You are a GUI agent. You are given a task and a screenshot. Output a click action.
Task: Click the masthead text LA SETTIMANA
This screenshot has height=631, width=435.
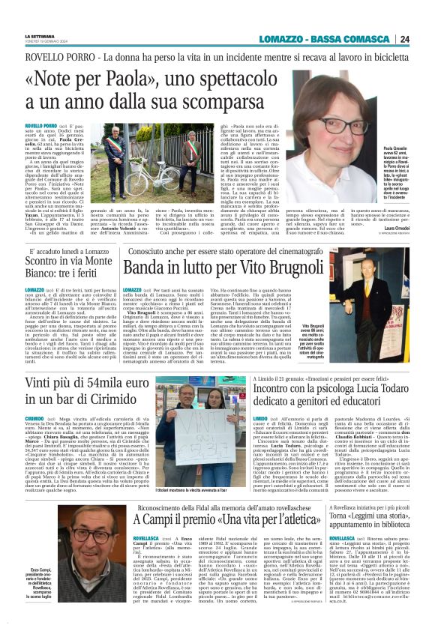pyautogui.click(x=40, y=36)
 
